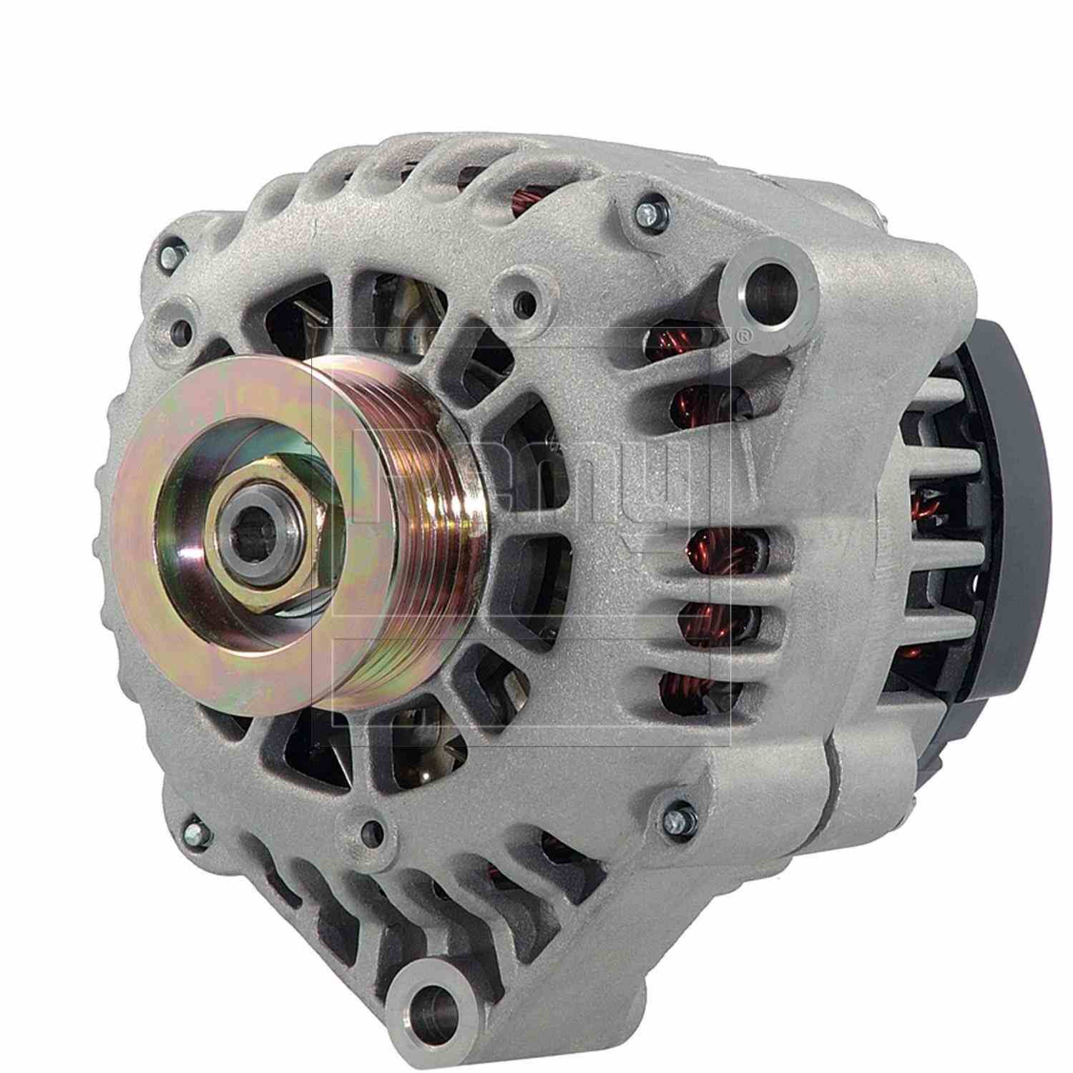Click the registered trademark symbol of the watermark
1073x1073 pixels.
744,333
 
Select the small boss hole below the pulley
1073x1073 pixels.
370,828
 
